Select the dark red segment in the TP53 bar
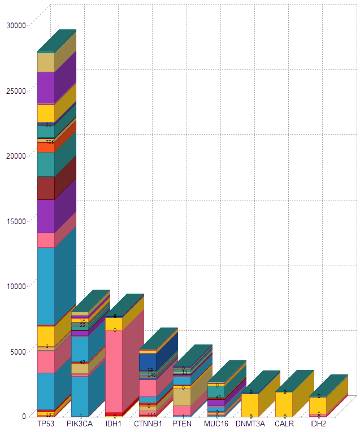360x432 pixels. coord(45,188)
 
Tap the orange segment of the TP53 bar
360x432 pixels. coord(45,147)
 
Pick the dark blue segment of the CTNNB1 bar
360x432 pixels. coord(148,361)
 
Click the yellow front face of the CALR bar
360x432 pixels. coord(284,404)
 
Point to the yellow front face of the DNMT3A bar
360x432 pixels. coord(249,405)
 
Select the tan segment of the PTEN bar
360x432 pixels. coord(181,396)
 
